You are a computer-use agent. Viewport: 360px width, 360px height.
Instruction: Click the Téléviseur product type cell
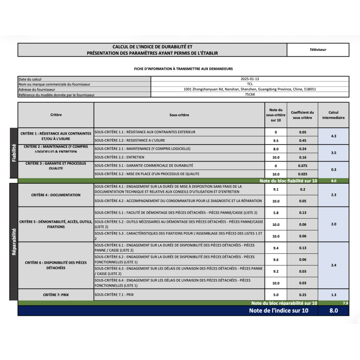(318, 49)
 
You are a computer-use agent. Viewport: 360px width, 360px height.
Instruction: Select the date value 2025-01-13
(250, 79)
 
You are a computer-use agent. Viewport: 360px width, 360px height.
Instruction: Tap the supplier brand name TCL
(250, 84)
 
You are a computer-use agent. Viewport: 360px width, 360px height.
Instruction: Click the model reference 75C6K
(250, 94)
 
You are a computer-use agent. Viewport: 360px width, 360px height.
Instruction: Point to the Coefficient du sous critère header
(302, 115)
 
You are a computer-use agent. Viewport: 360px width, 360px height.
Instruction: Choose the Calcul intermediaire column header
(333, 115)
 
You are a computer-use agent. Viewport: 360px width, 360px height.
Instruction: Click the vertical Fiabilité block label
(13, 153)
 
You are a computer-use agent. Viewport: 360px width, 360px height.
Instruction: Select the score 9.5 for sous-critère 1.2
(276, 140)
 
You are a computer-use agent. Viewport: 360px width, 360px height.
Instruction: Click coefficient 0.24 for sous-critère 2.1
(302, 148)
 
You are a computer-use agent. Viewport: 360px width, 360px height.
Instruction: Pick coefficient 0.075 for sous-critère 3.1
(302, 166)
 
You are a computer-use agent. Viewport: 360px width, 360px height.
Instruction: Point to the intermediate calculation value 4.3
(333, 136)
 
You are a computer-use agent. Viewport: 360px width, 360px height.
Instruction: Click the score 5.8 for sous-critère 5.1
(276, 212)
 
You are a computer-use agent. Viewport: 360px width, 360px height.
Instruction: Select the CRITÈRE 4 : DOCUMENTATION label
(56, 195)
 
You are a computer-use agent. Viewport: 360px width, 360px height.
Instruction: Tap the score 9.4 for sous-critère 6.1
(276, 247)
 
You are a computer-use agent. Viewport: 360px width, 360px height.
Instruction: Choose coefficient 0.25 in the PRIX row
(302, 295)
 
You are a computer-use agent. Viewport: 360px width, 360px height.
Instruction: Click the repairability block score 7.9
(345, 303)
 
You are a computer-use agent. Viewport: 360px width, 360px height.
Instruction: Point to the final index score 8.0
(333, 310)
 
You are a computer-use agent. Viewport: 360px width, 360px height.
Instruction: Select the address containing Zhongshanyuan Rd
(250, 89)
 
